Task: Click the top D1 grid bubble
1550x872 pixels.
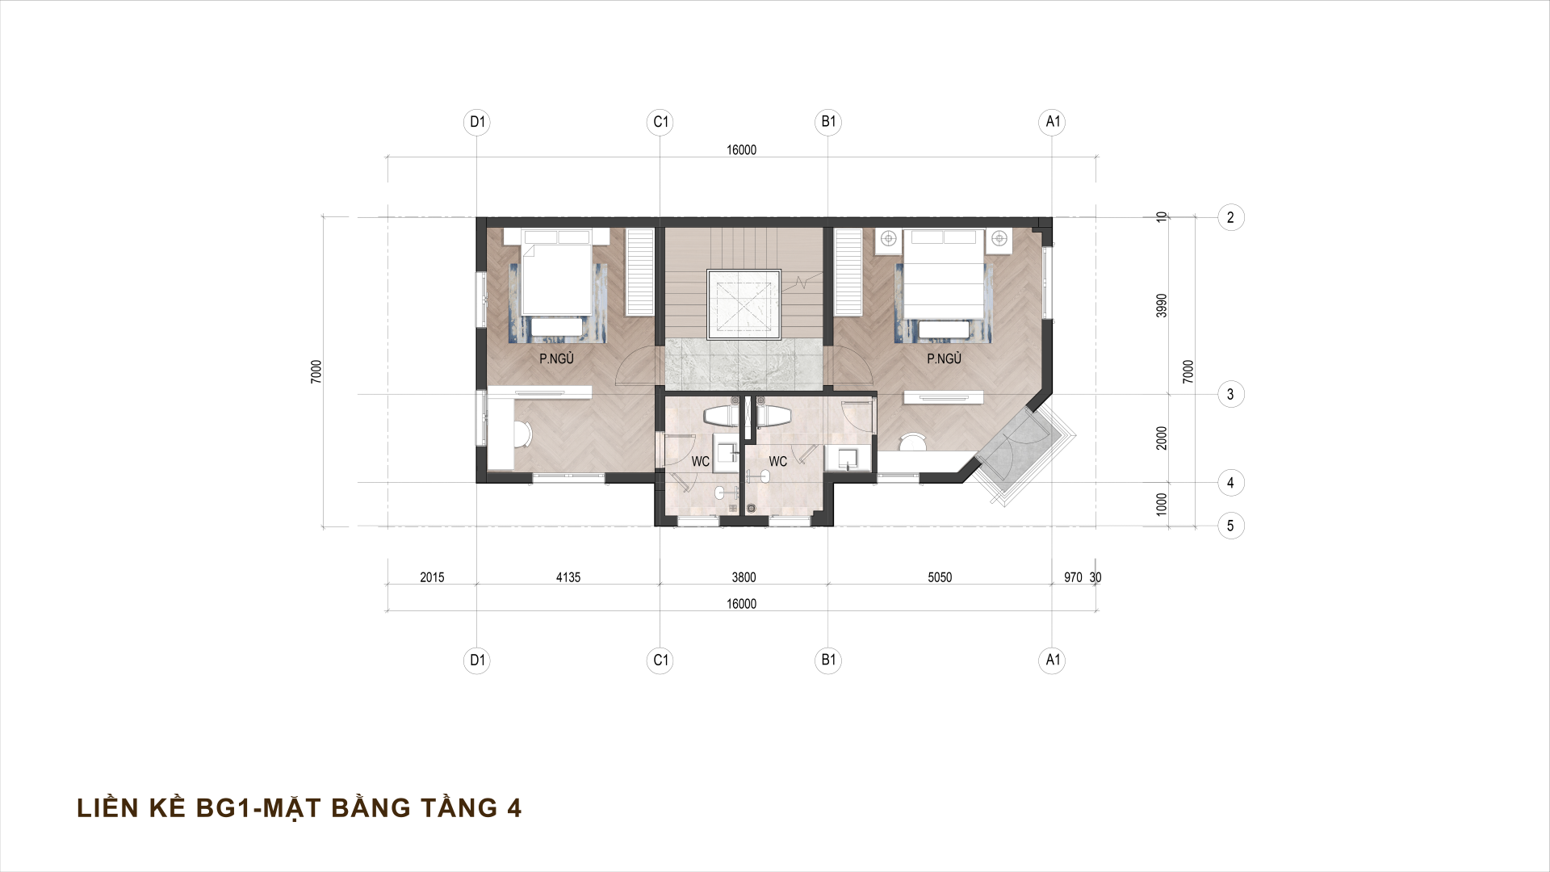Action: [x=478, y=122]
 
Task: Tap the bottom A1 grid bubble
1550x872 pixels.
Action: [x=1052, y=660]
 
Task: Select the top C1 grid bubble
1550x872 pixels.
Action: [x=660, y=122]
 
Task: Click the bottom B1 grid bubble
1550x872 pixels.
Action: [x=828, y=660]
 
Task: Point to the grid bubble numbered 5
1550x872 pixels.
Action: [x=1230, y=526]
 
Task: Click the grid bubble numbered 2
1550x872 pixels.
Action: [x=1230, y=217]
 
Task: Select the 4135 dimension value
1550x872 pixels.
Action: [x=568, y=577]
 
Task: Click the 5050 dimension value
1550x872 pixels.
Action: [x=940, y=577]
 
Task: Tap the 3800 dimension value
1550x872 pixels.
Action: [x=744, y=577]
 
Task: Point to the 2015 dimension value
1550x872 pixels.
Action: [x=432, y=577]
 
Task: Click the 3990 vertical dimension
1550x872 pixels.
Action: [x=1162, y=305]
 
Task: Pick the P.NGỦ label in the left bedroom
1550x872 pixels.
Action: [x=556, y=359]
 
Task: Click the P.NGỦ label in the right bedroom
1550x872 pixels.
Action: [x=944, y=359]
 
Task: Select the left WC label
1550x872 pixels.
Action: [x=700, y=462]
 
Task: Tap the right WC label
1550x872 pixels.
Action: [x=777, y=462]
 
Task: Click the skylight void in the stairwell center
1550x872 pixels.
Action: [x=744, y=305]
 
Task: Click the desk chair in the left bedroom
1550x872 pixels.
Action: [x=522, y=434]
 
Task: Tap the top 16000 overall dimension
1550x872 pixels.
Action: [x=741, y=150]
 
